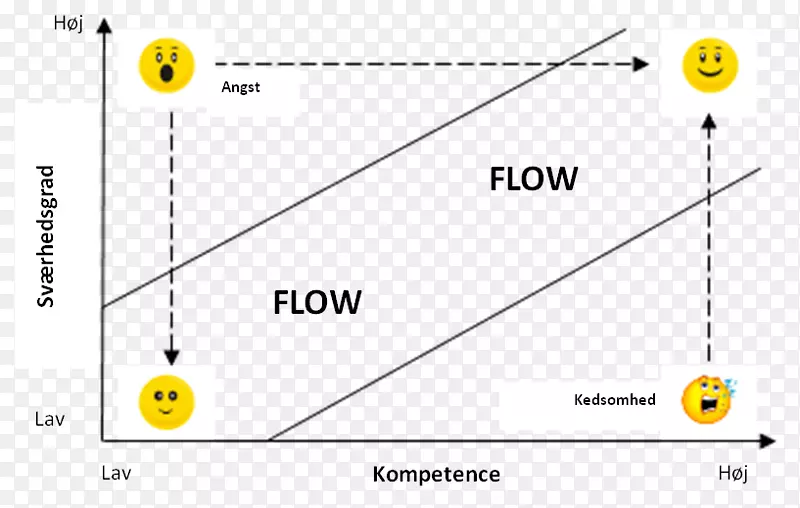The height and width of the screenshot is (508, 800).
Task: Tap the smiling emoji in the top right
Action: point(709,65)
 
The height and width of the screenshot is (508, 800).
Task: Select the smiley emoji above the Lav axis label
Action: point(167,403)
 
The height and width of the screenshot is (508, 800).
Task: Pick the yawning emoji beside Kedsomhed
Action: point(707,398)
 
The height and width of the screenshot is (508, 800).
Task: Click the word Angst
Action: point(240,87)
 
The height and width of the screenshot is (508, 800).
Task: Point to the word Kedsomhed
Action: point(615,400)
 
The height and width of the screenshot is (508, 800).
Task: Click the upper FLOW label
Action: point(533,178)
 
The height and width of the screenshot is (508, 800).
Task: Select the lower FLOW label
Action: point(316,301)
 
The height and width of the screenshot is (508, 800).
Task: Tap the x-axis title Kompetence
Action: point(436,474)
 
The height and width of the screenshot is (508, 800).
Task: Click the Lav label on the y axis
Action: point(49,419)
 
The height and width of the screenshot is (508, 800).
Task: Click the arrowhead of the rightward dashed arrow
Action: point(641,65)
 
